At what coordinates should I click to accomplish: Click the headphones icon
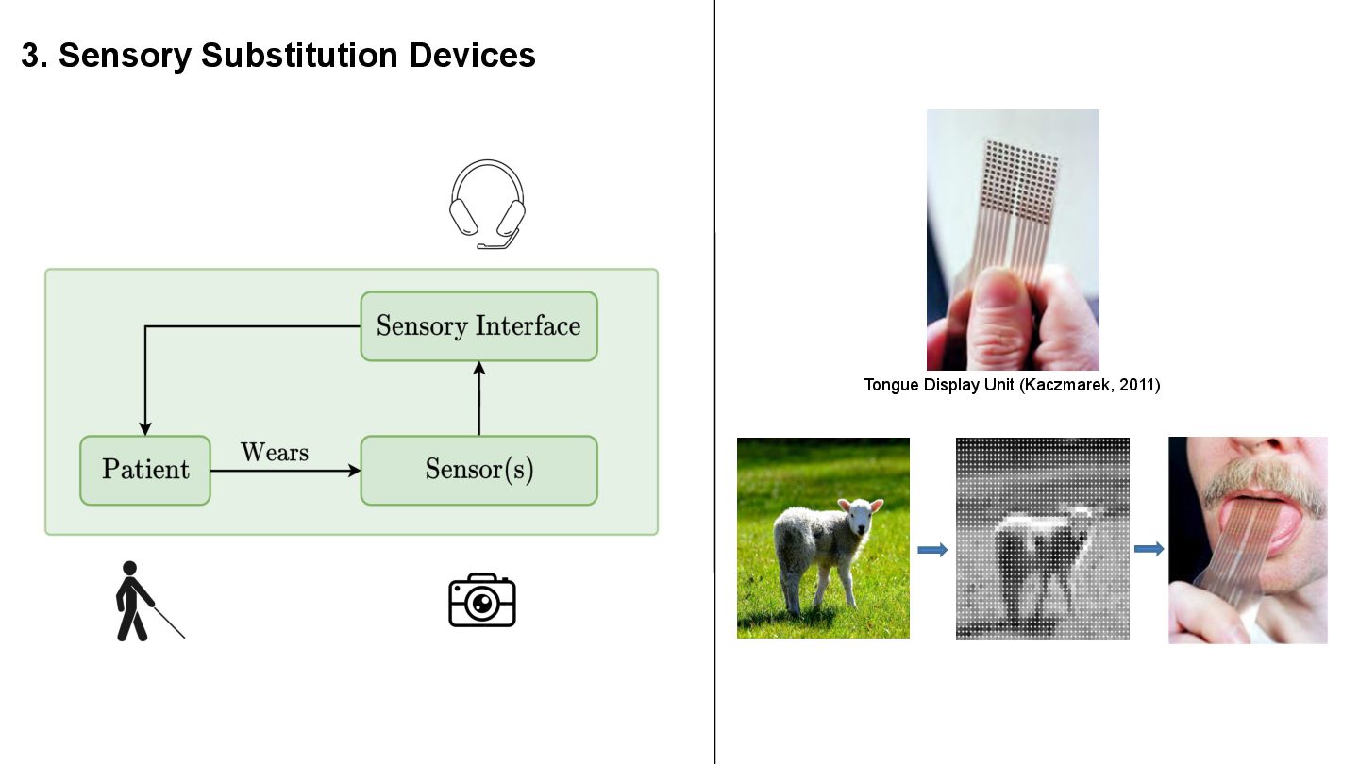tap(487, 204)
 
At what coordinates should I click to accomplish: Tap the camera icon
tap(481, 600)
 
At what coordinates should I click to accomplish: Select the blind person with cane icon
tap(142, 602)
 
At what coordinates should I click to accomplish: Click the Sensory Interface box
tap(478, 326)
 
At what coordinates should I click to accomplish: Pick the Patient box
tap(145, 470)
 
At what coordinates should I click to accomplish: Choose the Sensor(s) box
tap(478, 470)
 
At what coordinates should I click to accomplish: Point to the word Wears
tap(275, 453)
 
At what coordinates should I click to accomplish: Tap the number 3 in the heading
tap(30, 56)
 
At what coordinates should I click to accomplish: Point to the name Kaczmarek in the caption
tap(1065, 385)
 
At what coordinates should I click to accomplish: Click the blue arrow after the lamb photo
tap(932, 550)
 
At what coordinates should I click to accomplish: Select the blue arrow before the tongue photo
tap(1149, 549)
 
